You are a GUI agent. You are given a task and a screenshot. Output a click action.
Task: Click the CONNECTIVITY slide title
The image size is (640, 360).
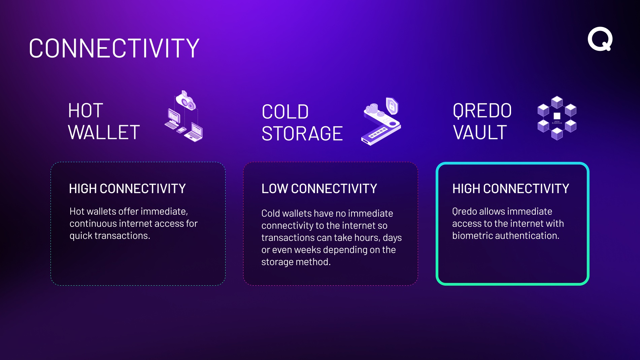[x=114, y=48]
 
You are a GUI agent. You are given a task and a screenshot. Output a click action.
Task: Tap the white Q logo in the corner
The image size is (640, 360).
[x=600, y=39]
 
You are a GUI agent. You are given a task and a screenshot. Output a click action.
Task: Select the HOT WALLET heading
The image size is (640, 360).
[x=104, y=121]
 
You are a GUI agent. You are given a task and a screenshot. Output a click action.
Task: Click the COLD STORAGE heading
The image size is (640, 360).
[x=302, y=122]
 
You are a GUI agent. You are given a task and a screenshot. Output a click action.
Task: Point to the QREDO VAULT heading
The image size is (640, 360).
[x=482, y=121]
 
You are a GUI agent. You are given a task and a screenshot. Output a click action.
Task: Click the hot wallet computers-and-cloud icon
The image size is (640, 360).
[x=184, y=116]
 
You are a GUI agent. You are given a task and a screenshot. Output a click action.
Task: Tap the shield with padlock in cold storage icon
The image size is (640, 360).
[x=392, y=106]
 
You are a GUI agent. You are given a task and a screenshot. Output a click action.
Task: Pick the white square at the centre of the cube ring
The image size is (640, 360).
[x=557, y=116]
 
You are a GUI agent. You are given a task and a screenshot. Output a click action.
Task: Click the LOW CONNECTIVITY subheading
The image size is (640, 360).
[x=319, y=189]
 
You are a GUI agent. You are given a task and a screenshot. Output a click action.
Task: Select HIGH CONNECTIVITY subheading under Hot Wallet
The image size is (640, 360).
[x=127, y=189]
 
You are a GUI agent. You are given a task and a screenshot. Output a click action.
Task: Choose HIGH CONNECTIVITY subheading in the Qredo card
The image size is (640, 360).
[x=511, y=189]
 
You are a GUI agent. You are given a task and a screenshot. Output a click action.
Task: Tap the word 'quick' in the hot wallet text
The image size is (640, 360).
[x=81, y=236]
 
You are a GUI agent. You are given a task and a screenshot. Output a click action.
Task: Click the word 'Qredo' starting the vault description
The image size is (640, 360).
[x=465, y=212]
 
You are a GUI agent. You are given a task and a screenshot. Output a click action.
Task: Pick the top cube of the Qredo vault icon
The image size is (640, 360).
[x=557, y=102]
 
